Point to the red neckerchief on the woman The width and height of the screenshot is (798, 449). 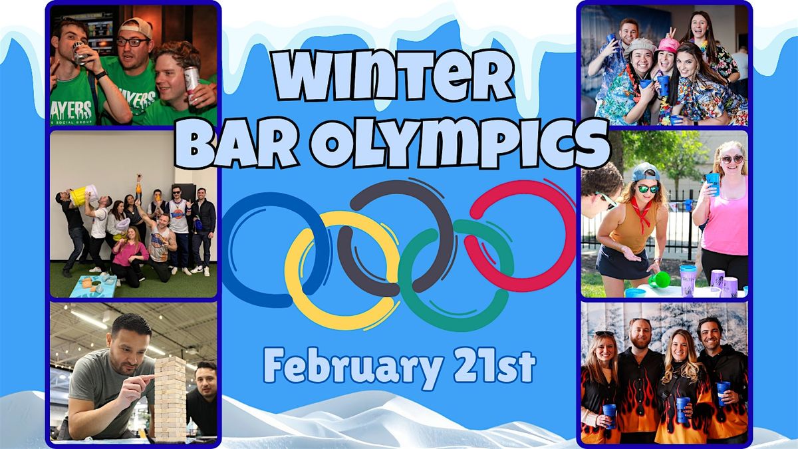[x=642, y=212]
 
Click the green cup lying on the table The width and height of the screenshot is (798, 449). [x=659, y=280]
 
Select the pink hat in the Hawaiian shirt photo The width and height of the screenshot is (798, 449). [x=669, y=45]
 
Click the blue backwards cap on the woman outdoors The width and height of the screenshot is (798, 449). [x=645, y=172]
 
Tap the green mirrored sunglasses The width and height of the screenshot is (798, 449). [x=648, y=189]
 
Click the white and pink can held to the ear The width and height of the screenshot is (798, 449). [x=192, y=84]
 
